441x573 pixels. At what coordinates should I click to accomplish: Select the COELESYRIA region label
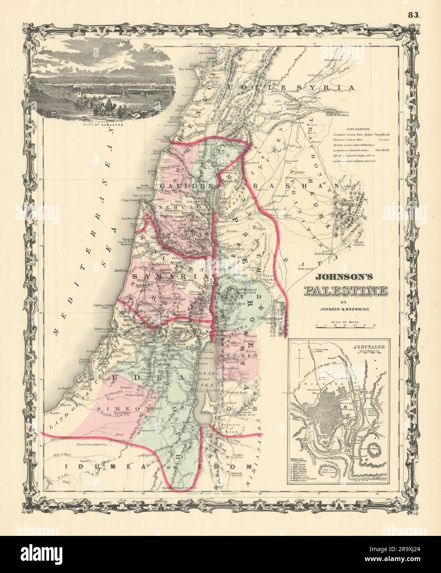(290, 87)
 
